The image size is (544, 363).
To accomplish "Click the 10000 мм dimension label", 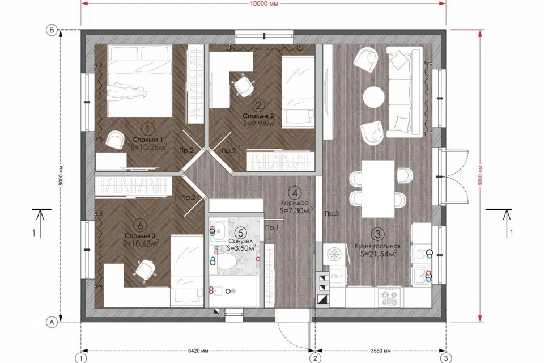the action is [x=263, y=4].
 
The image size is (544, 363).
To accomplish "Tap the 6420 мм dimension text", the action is [x=198, y=351].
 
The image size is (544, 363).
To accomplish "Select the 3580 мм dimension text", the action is [x=381, y=351].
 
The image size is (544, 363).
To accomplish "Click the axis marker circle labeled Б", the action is [x=52, y=31].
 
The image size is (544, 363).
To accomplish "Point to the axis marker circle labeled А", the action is [x=52, y=322].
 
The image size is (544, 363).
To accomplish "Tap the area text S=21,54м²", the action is [x=379, y=254].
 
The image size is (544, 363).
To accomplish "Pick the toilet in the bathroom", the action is [x=226, y=260].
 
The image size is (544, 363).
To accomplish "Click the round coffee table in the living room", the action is [x=373, y=95].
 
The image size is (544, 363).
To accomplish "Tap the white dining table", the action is [x=378, y=189].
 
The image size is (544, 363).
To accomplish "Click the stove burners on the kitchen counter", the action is [x=390, y=298].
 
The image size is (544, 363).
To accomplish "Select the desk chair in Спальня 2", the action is [x=243, y=85].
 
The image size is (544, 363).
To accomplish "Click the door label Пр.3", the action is [x=331, y=214].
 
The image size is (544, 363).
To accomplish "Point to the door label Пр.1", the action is [x=272, y=227].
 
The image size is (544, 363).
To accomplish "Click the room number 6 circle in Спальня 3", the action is [x=140, y=225].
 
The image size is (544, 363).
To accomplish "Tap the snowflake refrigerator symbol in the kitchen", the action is [x=335, y=254].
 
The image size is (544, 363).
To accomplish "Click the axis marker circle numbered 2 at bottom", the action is [x=315, y=358].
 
